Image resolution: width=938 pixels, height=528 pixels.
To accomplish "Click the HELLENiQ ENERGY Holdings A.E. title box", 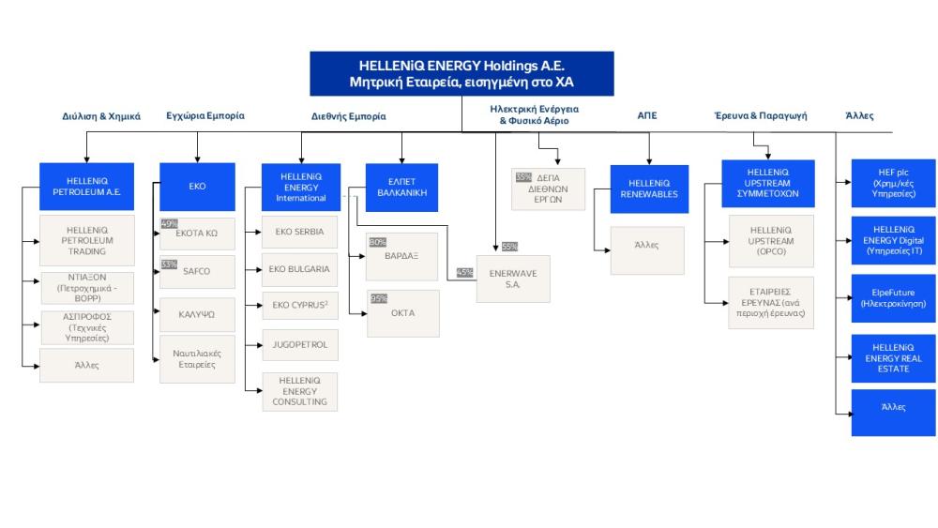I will [x=461, y=74].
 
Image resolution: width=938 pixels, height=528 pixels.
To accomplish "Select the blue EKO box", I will [x=197, y=186].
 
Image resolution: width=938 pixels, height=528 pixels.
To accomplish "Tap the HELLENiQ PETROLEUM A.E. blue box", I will [x=86, y=186].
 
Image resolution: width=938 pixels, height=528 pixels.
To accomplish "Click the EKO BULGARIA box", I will [x=300, y=269].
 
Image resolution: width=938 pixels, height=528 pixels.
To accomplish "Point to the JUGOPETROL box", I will [x=300, y=344].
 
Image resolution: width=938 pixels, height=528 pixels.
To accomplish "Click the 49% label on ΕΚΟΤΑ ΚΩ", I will [x=169, y=224].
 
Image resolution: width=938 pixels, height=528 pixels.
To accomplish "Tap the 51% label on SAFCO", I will [x=169, y=264].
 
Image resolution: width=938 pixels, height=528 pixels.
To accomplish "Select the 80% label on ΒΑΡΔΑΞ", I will [x=378, y=242].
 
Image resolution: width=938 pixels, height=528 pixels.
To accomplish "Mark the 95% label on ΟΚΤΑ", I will [x=378, y=298].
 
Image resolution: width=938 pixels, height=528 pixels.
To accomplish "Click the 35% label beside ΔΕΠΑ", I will [x=522, y=175].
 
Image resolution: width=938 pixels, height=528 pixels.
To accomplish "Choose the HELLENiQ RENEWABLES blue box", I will [x=649, y=189].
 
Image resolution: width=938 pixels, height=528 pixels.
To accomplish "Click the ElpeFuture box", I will [x=893, y=298].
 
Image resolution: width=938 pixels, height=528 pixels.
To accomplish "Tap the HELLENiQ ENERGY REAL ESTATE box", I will [x=893, y=357].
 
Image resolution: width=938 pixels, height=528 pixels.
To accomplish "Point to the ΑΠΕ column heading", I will [x=647, y=115].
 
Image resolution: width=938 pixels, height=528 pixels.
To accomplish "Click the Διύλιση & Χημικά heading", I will [x=101, y=116].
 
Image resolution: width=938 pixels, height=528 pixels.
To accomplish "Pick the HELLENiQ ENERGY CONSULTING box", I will [x=300, y=390].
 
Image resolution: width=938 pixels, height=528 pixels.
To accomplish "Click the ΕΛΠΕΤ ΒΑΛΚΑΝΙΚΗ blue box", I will [x=401, y=186].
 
